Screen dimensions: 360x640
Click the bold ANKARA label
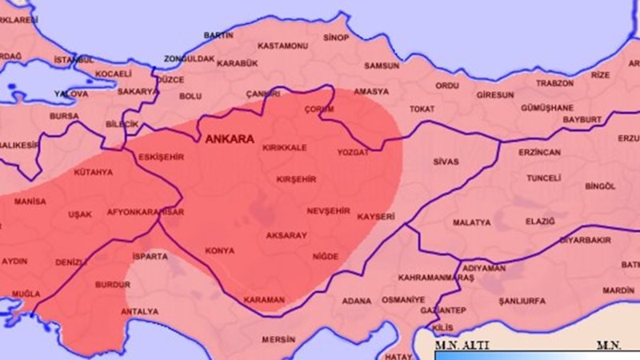pyautogui.click(x=230, y=139)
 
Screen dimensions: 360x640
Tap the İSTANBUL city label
pyautogui.click(x=74, y=60)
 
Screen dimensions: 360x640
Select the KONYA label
pyautogui.click(x=219, y=250)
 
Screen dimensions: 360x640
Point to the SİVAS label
pyautogui.click(x=446, y=161)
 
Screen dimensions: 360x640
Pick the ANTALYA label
pyautogui.click(x=139, y=310)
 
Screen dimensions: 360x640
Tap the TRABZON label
pyautogui.click(x=555, y=83)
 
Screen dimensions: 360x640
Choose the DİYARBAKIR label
pyautogui.click(x=585, y=240)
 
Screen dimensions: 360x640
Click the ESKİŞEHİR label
pyautogui.click(x=162, y=158)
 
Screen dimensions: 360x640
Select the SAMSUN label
pyautogui.click(x=381, y=66)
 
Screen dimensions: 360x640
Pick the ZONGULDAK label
pyautogui.click(x=189, y=59)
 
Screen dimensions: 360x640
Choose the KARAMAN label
pyautogui.click(x=264, y=299)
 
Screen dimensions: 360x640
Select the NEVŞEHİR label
pyautogui.click(x=328, y=210)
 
